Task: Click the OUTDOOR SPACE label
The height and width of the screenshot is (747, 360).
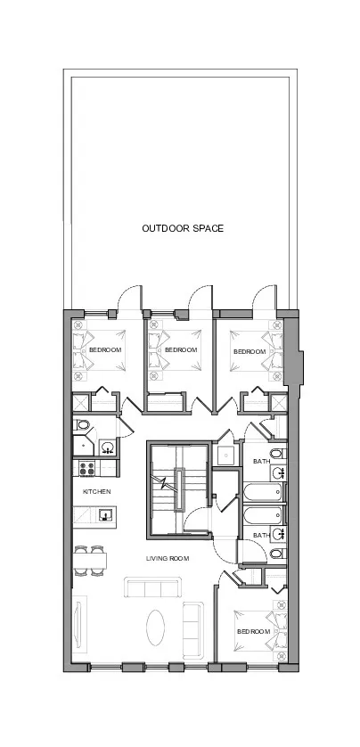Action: tap(183, 228)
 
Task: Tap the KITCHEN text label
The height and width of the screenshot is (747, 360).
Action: tap(96, 491)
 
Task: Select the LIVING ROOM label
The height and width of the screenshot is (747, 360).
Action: tap(168, 558)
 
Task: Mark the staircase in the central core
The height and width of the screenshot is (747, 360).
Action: tap(176, 488)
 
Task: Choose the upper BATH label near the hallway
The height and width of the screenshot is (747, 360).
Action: tap(261, 461)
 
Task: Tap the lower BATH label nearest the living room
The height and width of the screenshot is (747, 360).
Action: tap(261, 535)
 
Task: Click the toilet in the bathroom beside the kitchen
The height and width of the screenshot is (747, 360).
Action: tap(83, 425)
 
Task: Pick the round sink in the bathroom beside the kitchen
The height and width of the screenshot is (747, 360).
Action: tap(107, 447)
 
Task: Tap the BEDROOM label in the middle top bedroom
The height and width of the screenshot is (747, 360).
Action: tap(180, 350)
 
